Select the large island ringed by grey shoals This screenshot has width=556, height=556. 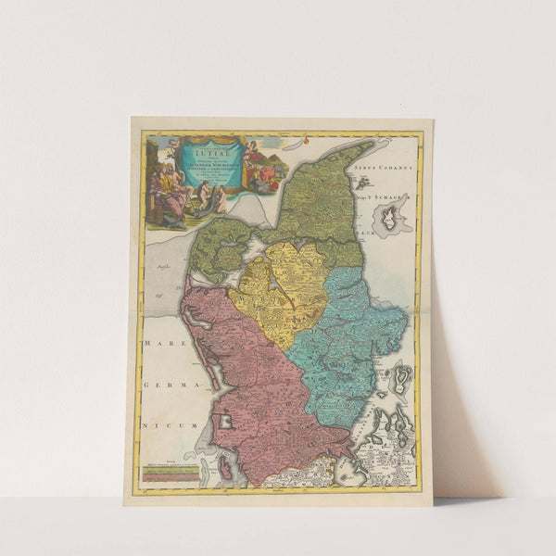point(392,217)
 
